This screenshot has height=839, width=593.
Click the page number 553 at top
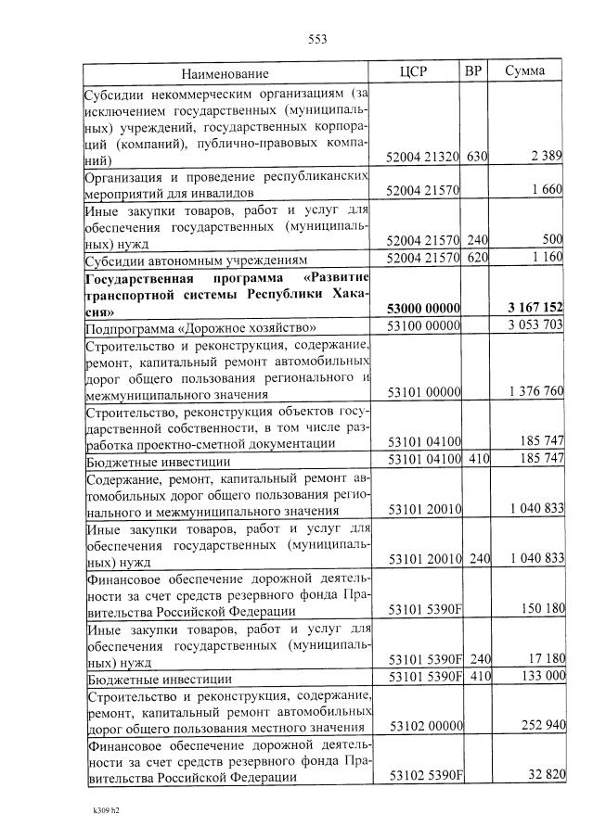pos(317,39)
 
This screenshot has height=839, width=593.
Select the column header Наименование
pos(225,72)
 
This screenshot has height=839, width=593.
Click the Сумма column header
pos(525,71)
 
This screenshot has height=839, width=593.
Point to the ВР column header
pos(473,71)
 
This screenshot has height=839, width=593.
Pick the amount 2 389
pos(546,158)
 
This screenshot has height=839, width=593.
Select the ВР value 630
pos(477,158)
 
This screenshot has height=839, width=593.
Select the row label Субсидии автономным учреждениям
pos(196,259)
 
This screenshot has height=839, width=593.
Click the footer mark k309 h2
pos(107,811)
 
